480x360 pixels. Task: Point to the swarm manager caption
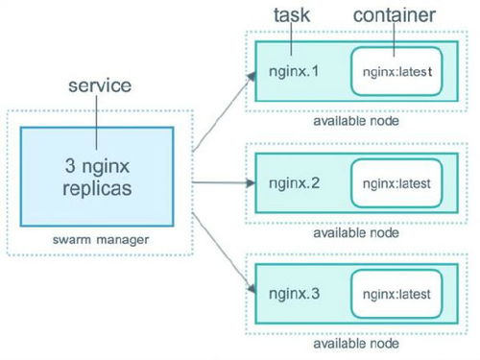tap(99, 237)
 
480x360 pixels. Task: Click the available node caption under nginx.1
tap(355, 121)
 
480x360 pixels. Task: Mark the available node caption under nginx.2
tap(355, 230)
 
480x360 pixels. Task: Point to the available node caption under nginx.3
tap(355, 342)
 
